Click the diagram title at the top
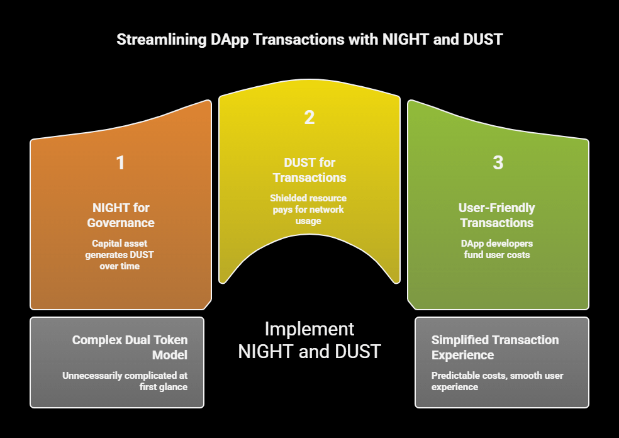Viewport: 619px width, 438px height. click(309, 40)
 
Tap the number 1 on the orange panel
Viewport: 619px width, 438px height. click(120, 163)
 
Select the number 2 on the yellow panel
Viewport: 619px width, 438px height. click(309, 118)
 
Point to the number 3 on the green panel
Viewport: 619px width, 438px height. click(498, 163)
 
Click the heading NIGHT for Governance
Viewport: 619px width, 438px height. click(120, 215)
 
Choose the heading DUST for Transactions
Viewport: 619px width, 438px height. click(309, 170)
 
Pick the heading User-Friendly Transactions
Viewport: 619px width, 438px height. click(496, 215)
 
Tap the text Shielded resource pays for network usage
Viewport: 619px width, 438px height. click(309, 209)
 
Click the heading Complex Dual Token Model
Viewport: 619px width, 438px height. click(130, 347)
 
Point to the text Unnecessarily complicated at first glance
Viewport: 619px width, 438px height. click(125, 381)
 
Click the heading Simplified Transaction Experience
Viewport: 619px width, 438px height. click(495, 347)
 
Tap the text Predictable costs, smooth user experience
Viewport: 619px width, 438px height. click(497, 381)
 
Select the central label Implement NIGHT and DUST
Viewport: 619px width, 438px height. click(309, 340)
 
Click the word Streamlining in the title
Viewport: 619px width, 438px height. click(158, 40)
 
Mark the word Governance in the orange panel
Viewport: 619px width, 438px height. click(120, 223)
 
